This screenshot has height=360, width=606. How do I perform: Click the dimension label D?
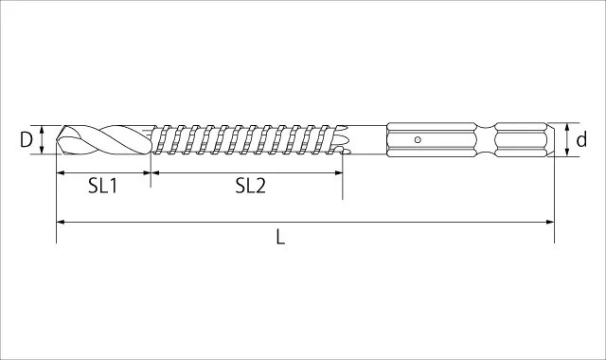(x=26, y=140)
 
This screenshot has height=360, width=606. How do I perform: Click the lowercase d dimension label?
(x=581, y=139)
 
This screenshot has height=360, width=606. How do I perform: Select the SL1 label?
(x=102, y=186)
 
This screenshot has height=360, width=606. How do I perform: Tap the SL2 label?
(x=251, y=186)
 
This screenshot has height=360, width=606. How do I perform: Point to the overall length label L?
(x=280, y=237)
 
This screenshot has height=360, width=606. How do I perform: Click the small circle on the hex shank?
(x=418, y=139)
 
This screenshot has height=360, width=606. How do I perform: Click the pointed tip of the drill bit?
(x=57, y=140)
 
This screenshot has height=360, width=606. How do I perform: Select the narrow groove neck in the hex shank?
(x=486, y=139)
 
